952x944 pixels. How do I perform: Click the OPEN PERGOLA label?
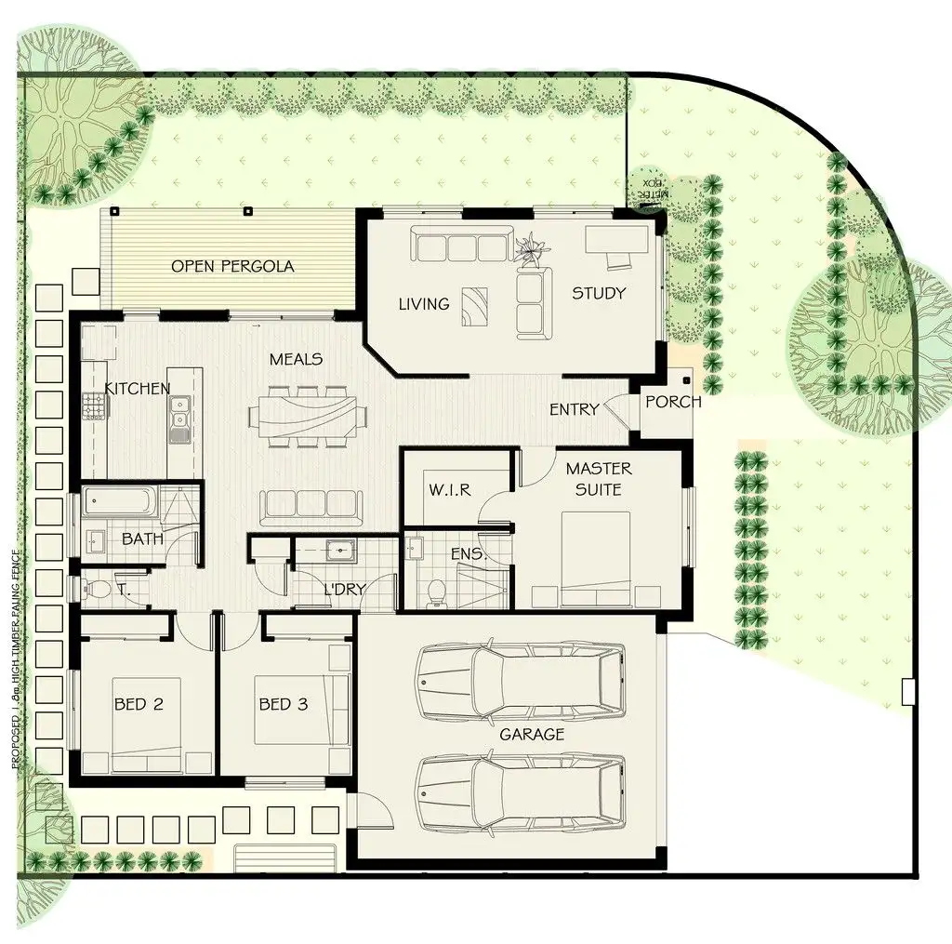(232, 266)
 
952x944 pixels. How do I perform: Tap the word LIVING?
(424, 303)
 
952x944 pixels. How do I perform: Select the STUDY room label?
(599, 293)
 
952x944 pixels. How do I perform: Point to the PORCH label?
(673, 402)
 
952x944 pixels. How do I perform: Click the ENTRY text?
(574, 409)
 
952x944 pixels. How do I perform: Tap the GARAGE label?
(532, 734)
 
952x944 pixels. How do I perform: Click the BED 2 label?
(139, 704)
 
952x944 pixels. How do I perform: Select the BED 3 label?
(283, 704)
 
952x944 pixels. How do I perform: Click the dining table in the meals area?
(302, 414)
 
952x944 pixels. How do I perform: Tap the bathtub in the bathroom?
(120, 502)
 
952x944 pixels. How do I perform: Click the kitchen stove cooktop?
(94, 406)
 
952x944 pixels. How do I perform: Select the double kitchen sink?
(179, 416)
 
